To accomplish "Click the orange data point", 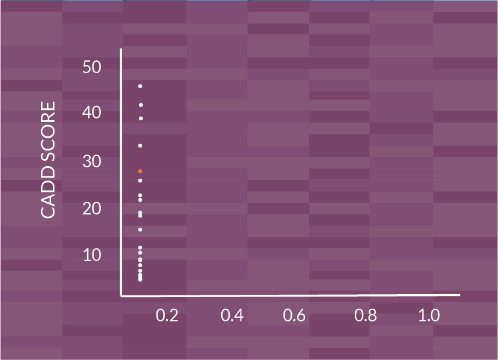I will [140, 172].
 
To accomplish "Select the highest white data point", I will [140, 86].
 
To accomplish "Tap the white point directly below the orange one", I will [140, 181].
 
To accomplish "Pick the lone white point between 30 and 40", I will [140, 146].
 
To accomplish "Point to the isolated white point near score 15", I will [140, 230].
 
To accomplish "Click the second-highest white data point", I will [140, 105].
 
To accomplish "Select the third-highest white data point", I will [140, 118].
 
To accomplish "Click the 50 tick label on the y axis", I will [92, 67].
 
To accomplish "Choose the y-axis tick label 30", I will [92, 161].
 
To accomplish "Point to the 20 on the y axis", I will [92, 208].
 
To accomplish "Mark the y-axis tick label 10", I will [92, 255].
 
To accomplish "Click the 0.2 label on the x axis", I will [167, 316].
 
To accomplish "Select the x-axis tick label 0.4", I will [232, 316].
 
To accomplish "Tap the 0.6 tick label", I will [294, 316].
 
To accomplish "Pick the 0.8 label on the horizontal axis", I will [366, 316].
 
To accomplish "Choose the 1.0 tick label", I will [429, 316].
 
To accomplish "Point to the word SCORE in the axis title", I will [48, 133].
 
